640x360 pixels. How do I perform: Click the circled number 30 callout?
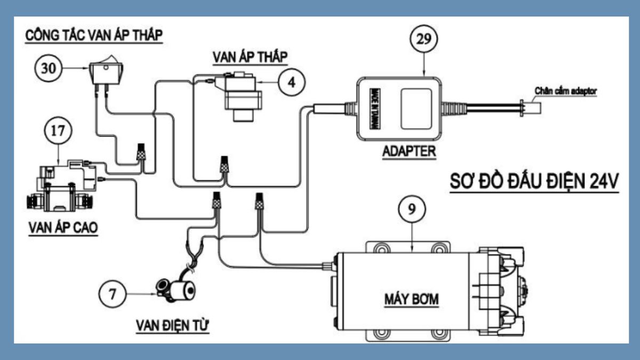[49, 68]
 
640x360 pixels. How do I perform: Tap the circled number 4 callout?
[291, 82]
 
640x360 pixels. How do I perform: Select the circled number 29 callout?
[423, 38]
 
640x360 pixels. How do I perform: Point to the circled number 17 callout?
[58, 130]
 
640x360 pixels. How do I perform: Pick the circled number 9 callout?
[412, 209]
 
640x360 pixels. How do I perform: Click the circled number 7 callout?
[113, 294]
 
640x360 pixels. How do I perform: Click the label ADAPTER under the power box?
[409, 151]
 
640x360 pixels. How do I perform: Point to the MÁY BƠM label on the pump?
[411, 299]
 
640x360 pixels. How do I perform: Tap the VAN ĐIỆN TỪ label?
[172, 325]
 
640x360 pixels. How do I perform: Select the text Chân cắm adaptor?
[566, 91]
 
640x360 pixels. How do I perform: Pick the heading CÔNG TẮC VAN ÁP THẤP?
[94, 35]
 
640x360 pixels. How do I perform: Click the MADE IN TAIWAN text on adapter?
[375, 109]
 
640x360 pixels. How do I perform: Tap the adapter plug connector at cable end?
[531, 108]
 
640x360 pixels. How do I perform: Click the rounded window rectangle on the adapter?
[416, 109]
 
